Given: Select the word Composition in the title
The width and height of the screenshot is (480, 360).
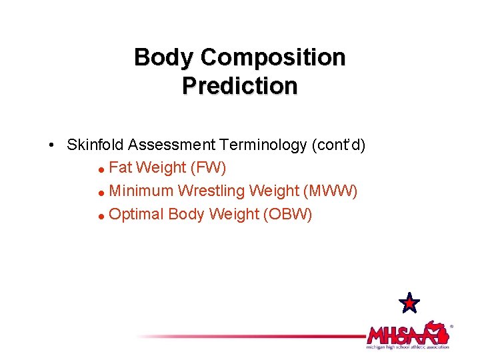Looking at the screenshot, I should [273, 57].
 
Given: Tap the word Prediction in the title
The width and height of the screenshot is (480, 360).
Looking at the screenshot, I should [239, 86].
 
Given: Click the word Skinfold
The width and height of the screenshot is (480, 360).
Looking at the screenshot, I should [95, 145].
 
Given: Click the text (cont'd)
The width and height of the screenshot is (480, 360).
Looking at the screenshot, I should [341, 145].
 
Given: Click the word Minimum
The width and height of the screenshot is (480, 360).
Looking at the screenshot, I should [141, 191].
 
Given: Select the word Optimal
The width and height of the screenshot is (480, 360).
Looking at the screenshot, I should [136, 215].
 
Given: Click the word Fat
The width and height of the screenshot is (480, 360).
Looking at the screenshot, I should [120, 167].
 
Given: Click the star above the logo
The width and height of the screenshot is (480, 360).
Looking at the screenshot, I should [409, 303].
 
